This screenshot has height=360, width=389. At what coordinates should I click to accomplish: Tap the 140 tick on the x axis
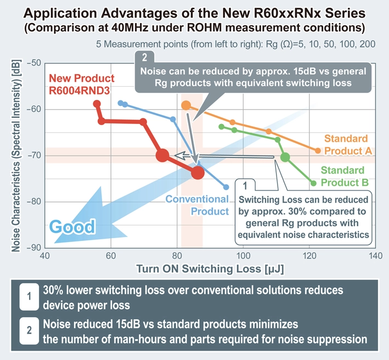coord(375,256)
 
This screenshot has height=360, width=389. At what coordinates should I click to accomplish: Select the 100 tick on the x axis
coord(243,256)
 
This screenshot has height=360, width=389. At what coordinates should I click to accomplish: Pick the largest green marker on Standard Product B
coord(285,157)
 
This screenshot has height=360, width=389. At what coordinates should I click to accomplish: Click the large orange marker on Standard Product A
coord(186,105)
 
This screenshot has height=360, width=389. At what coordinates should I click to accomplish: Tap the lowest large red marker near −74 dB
coord(198,172)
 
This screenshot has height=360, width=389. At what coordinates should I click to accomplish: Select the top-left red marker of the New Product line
coord(97,104)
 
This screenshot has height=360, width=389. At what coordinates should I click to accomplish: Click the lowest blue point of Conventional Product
coord(226,187)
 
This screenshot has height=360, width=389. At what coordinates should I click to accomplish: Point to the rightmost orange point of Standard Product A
coord(318,150)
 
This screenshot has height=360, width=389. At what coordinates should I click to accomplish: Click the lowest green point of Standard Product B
coord(313,183)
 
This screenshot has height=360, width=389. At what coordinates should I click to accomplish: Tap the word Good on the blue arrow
coord(73,226)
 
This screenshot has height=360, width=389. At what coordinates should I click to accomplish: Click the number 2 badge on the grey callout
coord(143,57)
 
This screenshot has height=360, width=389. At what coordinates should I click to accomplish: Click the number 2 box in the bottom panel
coord(27,330)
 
